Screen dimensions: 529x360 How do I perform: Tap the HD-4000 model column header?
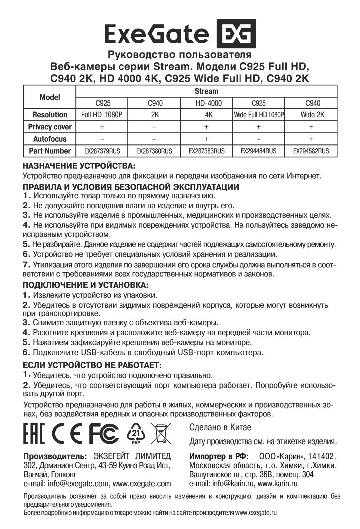tap(206, 103)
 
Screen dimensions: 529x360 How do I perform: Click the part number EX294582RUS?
tap(311, 150)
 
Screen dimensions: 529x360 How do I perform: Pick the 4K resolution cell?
tap(206, 115)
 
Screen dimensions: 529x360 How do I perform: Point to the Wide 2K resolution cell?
tap(311, 115)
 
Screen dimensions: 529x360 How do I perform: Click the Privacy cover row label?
tap(50, 127)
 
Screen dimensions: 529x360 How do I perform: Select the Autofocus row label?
tap(50, 139)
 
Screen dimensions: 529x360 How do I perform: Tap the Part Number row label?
tap(50, 150)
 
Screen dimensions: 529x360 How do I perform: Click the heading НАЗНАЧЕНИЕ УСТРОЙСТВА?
tap(79, 165)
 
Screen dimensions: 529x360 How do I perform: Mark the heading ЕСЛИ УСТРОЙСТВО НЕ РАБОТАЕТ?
tap(92, 365)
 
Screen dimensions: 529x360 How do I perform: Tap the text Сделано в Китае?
tap(220, 427)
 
